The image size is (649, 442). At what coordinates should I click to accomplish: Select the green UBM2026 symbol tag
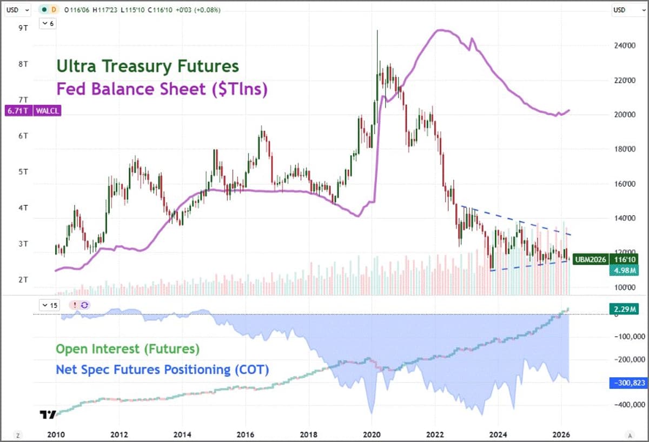(x=590, y=259)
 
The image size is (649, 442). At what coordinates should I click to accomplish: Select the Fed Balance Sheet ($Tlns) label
(x=162, y=88)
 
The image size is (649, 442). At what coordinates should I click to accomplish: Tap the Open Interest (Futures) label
(x=128, y=349)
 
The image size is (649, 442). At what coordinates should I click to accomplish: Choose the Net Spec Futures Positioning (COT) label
(x=162, y=370)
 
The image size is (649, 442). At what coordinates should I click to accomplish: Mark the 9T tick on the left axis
(x=23, y=28)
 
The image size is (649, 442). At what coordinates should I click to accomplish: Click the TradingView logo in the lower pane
(x=48, y=415)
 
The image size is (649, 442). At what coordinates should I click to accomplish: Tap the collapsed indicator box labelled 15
(x=50, y=305)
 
